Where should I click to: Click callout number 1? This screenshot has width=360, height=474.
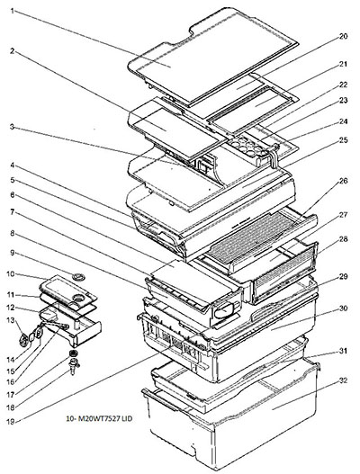click(x=13, y=11)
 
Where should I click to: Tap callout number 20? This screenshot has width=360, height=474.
click(x=343, y=36)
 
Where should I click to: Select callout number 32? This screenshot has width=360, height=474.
click(x=343, y=380)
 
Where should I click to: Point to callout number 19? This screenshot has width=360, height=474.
click(x=11, y=421)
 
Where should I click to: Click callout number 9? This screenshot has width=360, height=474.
click(x=13, y=253)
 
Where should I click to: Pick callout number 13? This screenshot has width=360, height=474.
click(x=11, y=320)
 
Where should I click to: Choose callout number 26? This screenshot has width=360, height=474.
click(x=343, y=181)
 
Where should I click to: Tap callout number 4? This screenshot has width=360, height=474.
click(x=13, y=165)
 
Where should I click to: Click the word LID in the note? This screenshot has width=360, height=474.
click(x=128, y=419)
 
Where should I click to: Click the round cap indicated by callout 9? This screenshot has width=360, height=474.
click(x=79, y=276)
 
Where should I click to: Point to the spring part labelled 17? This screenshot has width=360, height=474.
click(x=73, y=353)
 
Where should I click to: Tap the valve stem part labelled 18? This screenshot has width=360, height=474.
click(x=73, y=364)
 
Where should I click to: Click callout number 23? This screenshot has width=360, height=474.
click(x=343, y=101)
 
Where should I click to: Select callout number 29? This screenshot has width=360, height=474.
click(x=343, y=277)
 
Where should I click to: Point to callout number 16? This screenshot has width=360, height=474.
click(x=11, y=381)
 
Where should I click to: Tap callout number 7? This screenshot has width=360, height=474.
click(x=13, y=212)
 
